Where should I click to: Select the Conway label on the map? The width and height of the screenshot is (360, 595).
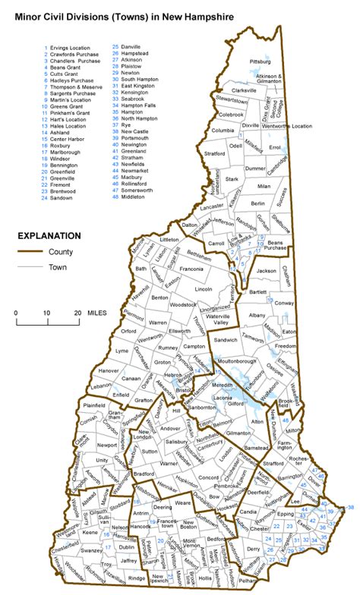click(x=285, y=303)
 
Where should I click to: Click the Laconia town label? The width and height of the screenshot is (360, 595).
click(x=220, y=398)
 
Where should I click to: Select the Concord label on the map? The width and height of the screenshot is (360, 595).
click(x=209, y=477)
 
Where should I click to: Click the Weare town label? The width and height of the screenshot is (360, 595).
click(x=182, y=503)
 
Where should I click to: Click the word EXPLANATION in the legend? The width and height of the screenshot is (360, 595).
click(x=50, y=235)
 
